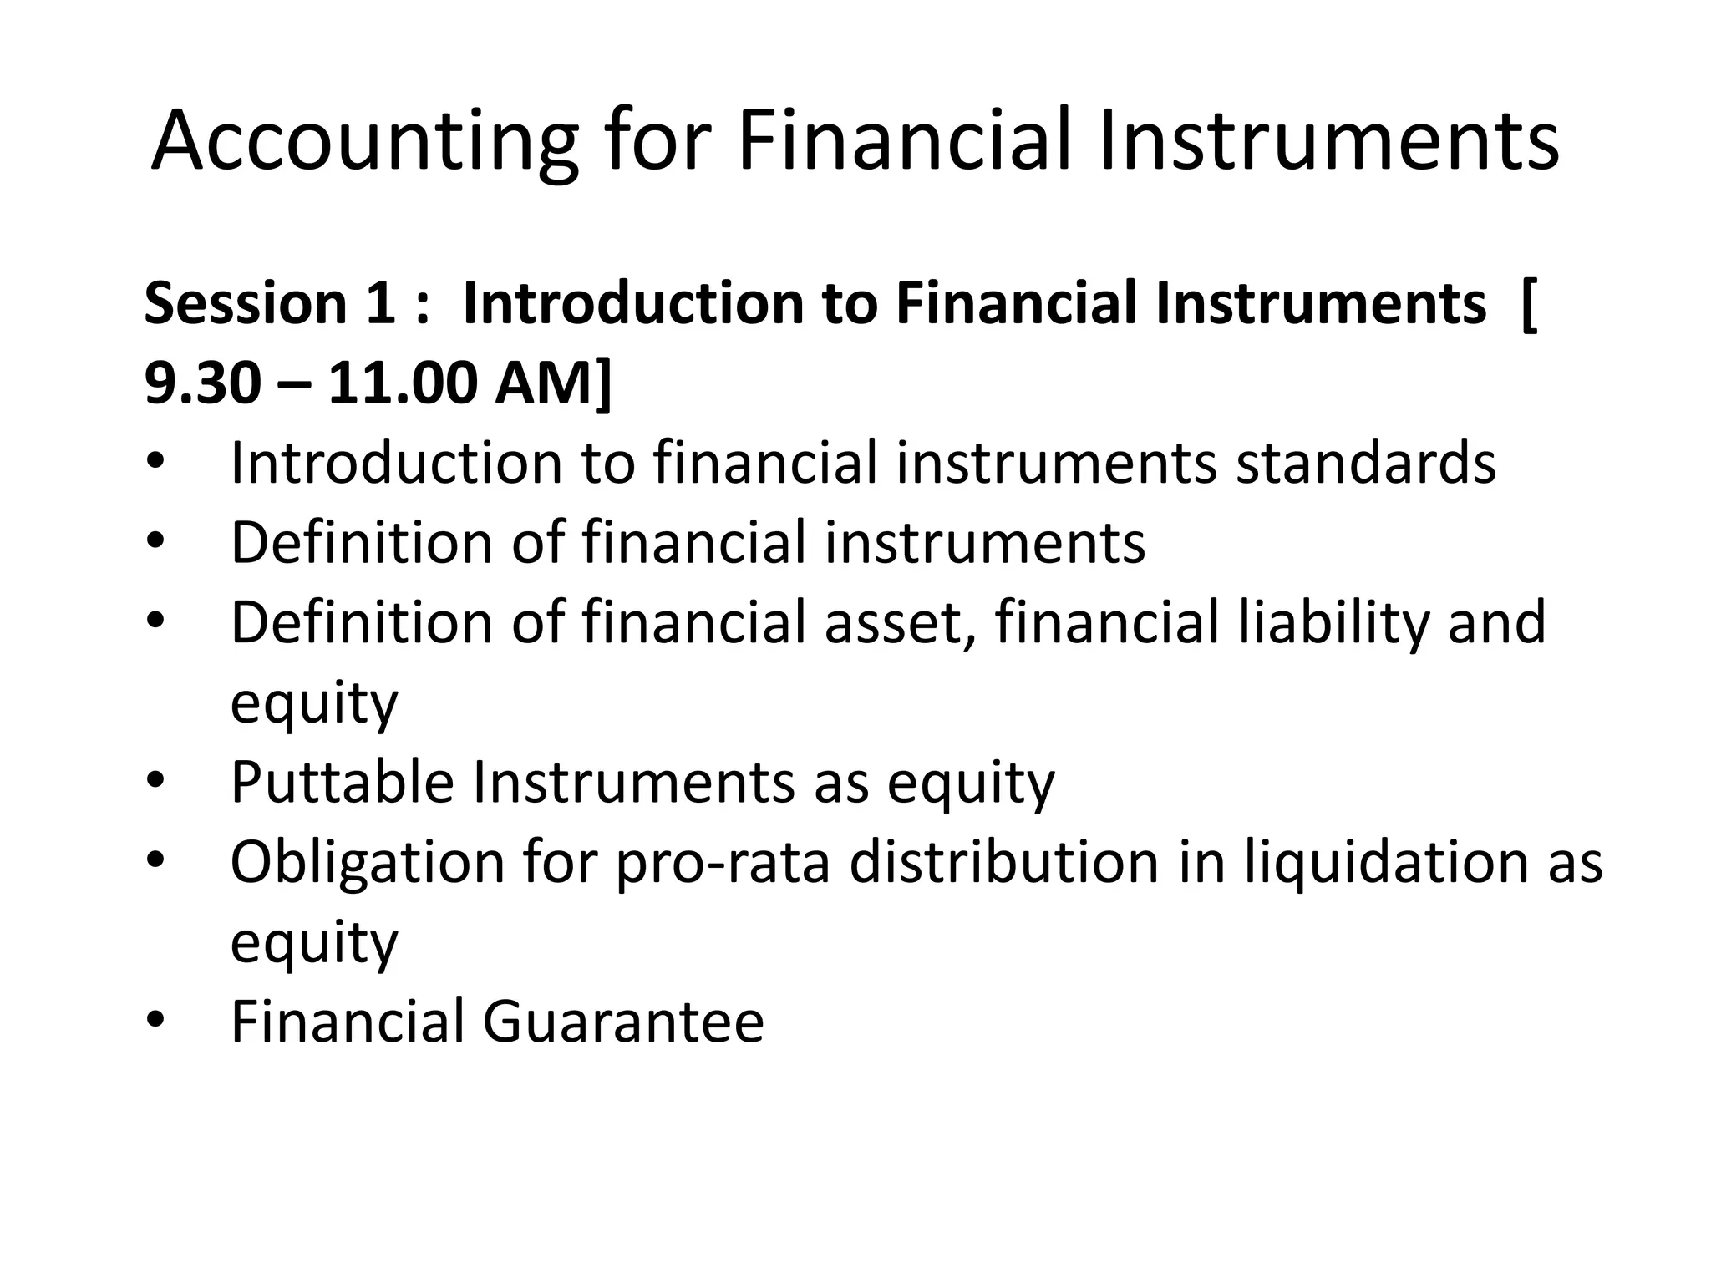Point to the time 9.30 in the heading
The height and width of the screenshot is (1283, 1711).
(202, 384)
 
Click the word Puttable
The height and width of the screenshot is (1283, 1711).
(343, 783)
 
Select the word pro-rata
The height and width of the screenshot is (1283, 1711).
(723, 863)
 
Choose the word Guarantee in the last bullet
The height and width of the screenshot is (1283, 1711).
(623, 1022)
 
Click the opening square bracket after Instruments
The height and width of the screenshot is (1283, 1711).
(1528, 305)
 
